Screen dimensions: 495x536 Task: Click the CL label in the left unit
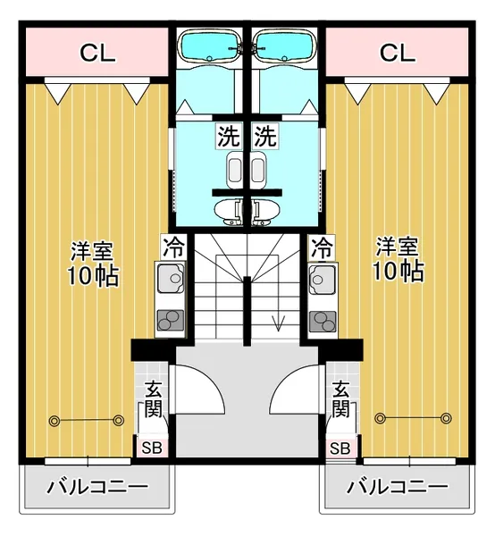(97, 53)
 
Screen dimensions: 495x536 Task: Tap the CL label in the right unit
(398, 53)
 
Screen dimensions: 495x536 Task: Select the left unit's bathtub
(209, 46)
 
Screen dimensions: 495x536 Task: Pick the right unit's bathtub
(284, 46)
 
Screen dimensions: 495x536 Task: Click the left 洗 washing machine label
(229, 136)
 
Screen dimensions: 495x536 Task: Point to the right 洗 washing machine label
(265, 136)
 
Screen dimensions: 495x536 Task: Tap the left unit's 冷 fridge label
(174, 247)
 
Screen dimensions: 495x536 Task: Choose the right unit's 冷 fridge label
(322, 247)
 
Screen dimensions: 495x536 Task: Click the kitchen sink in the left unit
(171, 278)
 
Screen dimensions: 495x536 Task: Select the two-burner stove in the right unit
(323, 322)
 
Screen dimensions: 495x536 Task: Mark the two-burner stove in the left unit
(171, 321)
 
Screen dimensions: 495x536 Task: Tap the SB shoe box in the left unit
(151, 448)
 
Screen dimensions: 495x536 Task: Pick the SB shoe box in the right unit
(340, 448)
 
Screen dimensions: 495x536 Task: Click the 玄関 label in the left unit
(153, 399)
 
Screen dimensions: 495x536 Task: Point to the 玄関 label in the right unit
(340, 399)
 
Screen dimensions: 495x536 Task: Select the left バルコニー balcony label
(97, 487)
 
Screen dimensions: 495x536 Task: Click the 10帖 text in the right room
(399, 272)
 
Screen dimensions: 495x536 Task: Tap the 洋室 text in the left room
(92, 252)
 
